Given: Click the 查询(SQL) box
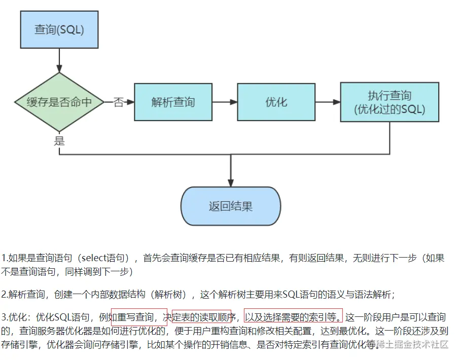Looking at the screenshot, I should (x=59, y=29).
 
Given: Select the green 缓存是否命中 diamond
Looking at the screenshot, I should (x=59, y=102).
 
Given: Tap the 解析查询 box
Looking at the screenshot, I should (x=173, y=102).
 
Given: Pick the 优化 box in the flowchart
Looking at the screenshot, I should (x=276, y=102).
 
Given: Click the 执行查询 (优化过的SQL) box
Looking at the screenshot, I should (x=390, y=102).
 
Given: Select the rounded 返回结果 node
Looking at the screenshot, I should (x=231, y=206).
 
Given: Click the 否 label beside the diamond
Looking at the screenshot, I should (x=118, y=102).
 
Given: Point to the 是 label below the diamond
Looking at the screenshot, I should (x=59, y=140).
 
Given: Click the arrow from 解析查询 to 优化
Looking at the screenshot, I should (x=224, y=102).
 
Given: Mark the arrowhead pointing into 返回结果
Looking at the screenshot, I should (x=231, y=183).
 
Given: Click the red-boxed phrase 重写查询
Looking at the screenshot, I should (x=139, y=318).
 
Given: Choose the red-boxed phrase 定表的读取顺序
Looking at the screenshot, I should (x=201, y=318).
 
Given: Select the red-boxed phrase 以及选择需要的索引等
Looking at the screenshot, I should (x=293, y=318).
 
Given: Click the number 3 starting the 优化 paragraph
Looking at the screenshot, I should (x=4, y=318).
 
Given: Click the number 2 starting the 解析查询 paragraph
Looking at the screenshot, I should (x=4, y=294).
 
